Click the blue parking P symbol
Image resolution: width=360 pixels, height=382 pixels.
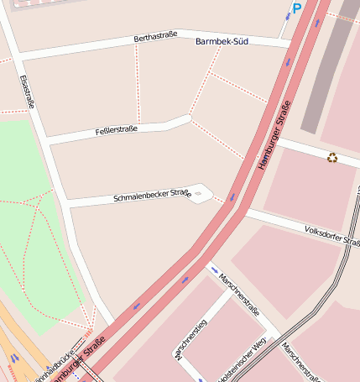[295, 9]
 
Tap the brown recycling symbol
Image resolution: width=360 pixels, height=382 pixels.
[332, 157]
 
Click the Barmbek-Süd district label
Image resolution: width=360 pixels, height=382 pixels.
[221, 41]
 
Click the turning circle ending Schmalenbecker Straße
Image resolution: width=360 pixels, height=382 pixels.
[198, 192]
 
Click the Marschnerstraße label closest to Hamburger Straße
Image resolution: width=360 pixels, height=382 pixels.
[239, 289]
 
